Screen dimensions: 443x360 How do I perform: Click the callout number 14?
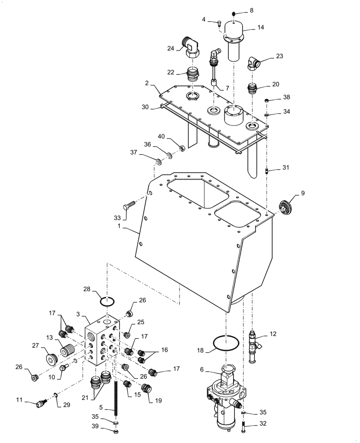click(x=261, y=27)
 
